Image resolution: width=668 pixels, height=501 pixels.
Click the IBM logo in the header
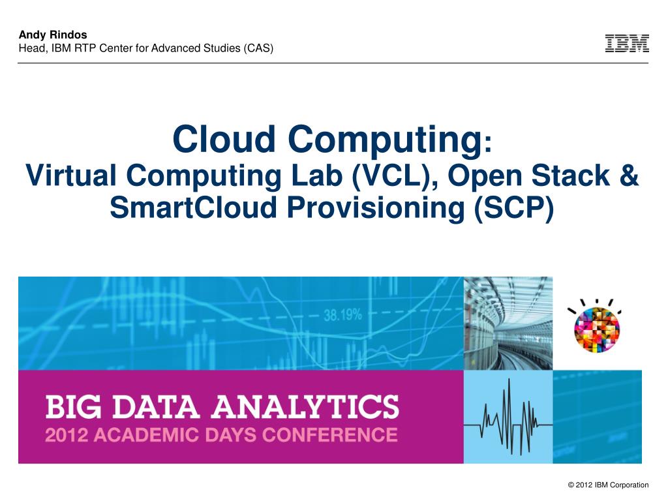(627, 44)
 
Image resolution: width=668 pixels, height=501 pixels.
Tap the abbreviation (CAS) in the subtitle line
(259, 48)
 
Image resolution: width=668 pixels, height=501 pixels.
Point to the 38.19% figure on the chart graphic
(342, 315)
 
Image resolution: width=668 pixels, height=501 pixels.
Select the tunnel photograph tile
(508, 323)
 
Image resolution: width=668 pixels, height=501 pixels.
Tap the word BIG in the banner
(72, 407)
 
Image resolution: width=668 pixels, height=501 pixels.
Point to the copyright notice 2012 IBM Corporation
(608, 485)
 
